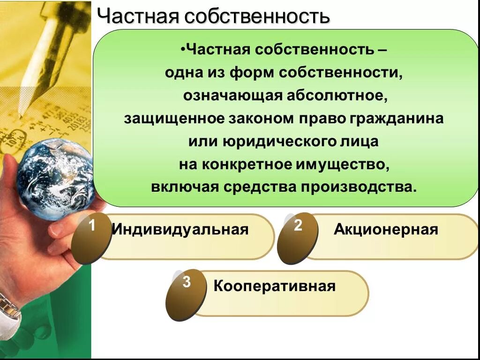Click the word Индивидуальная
click(180, 230)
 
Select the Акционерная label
click(386, 230)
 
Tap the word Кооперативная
click(274, 286)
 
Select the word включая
click(185, 187)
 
